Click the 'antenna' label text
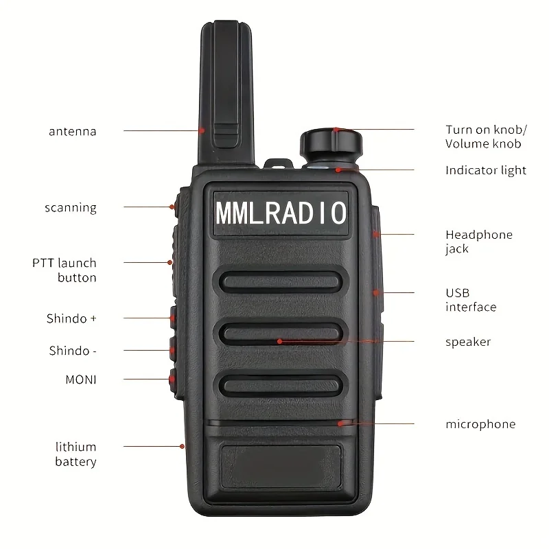(x=72, y=132)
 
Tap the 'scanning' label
(x=71, y=207)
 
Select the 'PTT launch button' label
(x=65, y=270)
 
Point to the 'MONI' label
(x=81, y=379)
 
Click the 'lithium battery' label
(x=75, y=454)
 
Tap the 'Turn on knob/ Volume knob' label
(x=486, y=137)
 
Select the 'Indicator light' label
(x=485, y=170)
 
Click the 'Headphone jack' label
(x=479, y=242)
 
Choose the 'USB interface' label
(x=471, y=300)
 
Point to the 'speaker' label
(x=468, y=342)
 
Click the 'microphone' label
(x=480, y=424)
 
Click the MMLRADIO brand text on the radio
(x=281, y=212)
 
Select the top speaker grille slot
(x=281, y=282)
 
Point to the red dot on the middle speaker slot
(x=279, y=341)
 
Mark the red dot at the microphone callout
(x=340, y=423)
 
